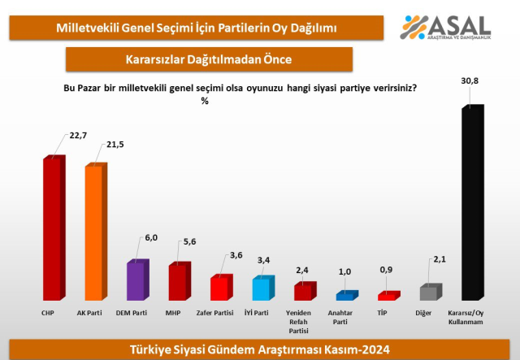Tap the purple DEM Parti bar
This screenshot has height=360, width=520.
tap(136, 280)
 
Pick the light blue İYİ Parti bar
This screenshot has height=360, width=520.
tap(262, 289)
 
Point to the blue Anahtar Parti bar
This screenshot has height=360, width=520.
tap(345, 296)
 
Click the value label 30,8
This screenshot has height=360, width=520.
tap(471, 81)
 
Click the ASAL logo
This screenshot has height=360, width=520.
tap(447, 28)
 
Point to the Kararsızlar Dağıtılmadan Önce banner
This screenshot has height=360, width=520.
tap(209, 59)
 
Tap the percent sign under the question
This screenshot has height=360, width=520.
tap(204, 101)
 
